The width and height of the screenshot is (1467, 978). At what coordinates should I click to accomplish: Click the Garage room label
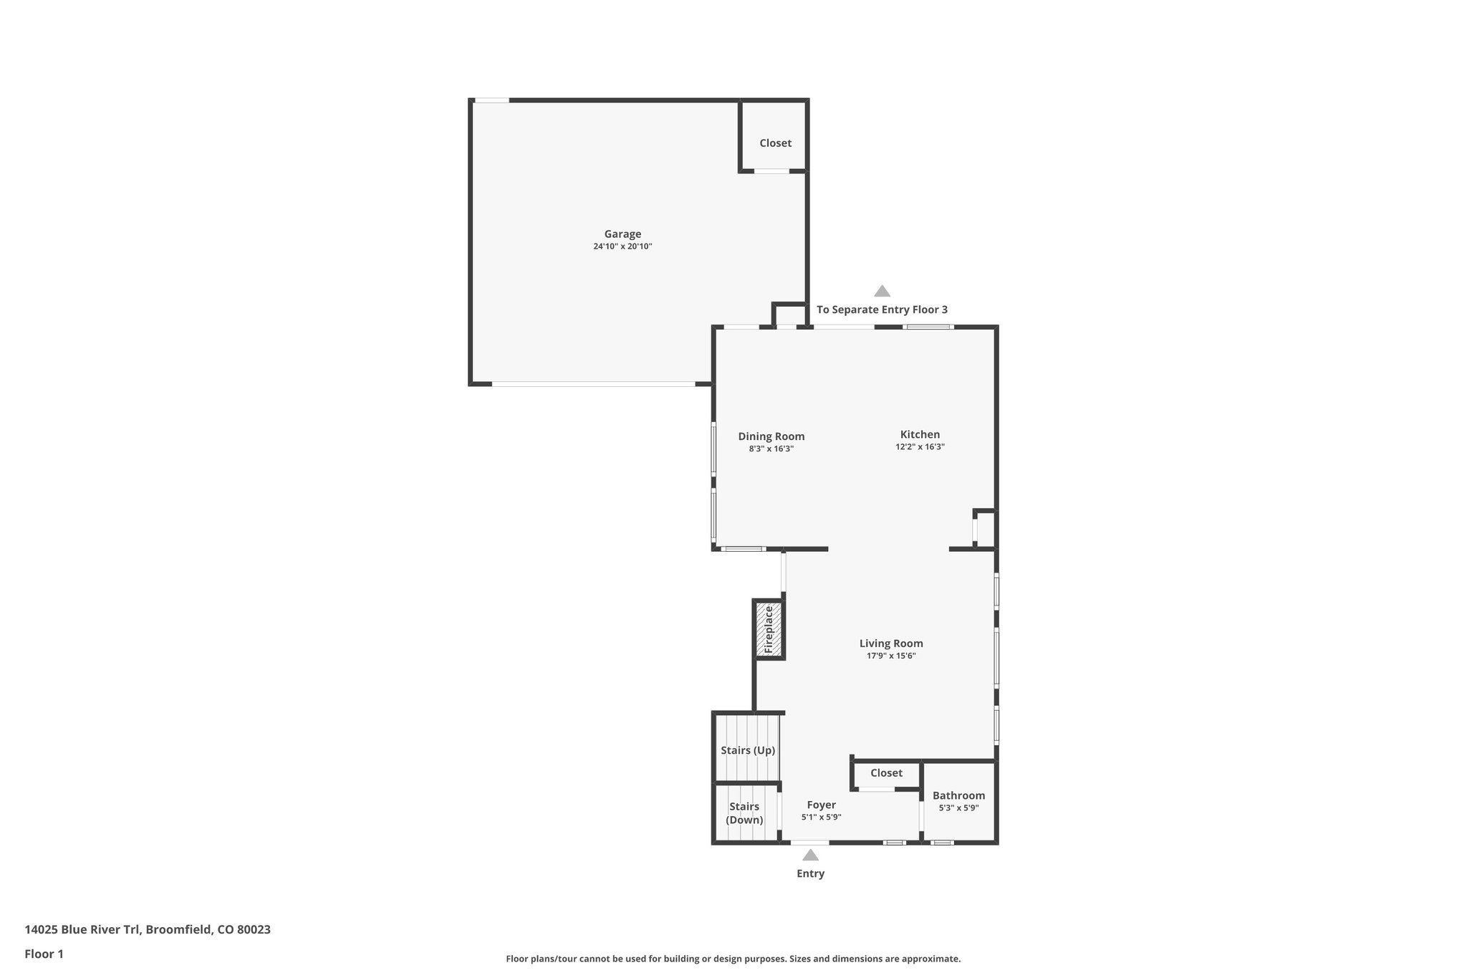click(622, 234)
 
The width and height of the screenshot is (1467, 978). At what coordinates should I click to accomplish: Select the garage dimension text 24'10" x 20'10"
click(622, 246)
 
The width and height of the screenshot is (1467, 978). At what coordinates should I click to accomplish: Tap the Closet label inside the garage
click(775, 143)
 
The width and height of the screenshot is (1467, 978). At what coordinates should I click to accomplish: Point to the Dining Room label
click(771, 436)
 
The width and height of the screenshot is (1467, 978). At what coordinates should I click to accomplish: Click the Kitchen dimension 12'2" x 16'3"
click(920, 447)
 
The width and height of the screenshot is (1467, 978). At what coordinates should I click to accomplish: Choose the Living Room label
click(891, 643)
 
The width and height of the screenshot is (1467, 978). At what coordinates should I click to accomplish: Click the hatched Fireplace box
click(769, 630)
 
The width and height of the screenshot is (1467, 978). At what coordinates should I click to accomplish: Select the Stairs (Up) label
click(748, 750)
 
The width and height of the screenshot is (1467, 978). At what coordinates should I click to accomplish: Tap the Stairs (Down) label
click(744, 813)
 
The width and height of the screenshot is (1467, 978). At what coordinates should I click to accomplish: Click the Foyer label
click(821, 805)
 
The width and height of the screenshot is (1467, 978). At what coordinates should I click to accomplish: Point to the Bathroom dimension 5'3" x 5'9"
click(958, 808)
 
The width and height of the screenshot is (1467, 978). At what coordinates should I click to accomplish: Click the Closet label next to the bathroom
click(886, 773)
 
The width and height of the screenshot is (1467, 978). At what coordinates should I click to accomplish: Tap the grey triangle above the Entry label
click(810, 855)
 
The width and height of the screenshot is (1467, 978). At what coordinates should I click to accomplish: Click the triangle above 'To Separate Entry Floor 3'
click(882, 291)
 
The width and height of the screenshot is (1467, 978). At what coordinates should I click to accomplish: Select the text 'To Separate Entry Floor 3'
click(882, 310)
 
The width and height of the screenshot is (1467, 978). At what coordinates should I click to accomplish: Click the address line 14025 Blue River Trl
click(148, 930)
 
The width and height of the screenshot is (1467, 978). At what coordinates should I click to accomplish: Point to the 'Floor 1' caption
click(44, 954)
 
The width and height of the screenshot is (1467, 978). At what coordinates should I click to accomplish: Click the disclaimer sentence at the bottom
click(733, 959)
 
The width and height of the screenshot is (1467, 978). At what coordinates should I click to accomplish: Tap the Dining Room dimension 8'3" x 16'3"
click(771, 449)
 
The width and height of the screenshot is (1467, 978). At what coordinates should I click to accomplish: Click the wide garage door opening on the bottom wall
click(593, 385)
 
